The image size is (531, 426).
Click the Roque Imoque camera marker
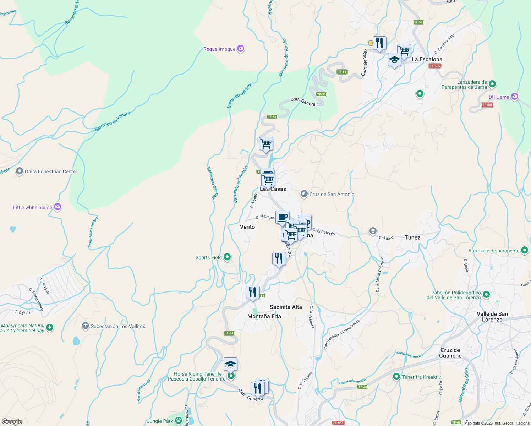[241, 49]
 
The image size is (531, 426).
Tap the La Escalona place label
[427, 59]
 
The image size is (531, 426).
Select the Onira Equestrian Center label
[51, 171]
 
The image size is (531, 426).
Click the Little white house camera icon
[58, 207]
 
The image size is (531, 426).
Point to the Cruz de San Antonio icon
[304, 194]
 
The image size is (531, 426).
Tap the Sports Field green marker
[228, 257]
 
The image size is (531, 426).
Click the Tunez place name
[412, 237]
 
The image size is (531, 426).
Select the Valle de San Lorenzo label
[492, 317]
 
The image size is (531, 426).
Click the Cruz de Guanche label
[450, 353]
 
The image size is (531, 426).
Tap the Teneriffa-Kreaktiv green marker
[396, 377]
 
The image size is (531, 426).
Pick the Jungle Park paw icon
[179, 421]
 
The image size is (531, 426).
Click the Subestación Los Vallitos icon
[85, 326]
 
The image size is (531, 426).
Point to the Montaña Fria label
[264, 316]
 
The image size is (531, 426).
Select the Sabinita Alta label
[286, 307]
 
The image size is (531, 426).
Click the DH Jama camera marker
[515, 97]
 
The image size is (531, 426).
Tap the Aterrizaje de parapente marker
[525, 250]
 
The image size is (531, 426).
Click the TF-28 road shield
[362, 387]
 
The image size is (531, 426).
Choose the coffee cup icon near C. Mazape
[282, 217]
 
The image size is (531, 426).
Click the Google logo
[12, 422]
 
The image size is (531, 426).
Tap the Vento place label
[247, 227]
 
